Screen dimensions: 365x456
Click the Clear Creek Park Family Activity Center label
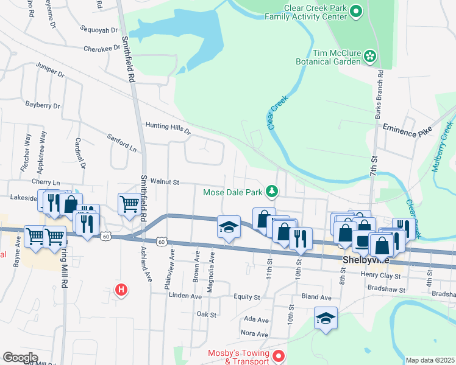point(305,13)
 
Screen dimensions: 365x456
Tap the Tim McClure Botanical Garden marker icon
point(370,57)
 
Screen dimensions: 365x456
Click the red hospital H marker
point(122,290)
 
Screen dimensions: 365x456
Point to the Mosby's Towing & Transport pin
point(279,355)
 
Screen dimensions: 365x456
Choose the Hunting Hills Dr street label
point(168,127)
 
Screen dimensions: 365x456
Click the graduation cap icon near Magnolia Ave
point(229,228)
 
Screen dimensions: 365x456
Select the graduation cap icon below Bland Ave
point(326,318)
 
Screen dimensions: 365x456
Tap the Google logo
point(20,358)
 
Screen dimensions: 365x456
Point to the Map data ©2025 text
point(430,360)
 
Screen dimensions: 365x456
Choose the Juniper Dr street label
point(50,69)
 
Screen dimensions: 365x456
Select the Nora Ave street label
point(254,334)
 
